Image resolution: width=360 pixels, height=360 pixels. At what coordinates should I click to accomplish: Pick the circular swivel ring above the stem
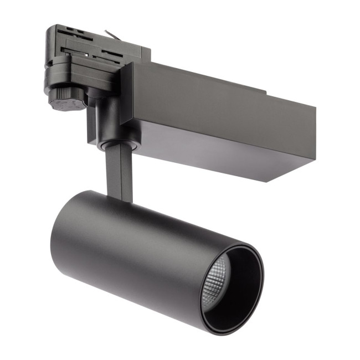[x=116, y=145]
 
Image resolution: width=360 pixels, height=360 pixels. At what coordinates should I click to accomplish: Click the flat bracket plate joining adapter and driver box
[x=127, y=94]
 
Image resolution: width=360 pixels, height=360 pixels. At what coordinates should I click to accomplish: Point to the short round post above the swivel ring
[x=105, y=122]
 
